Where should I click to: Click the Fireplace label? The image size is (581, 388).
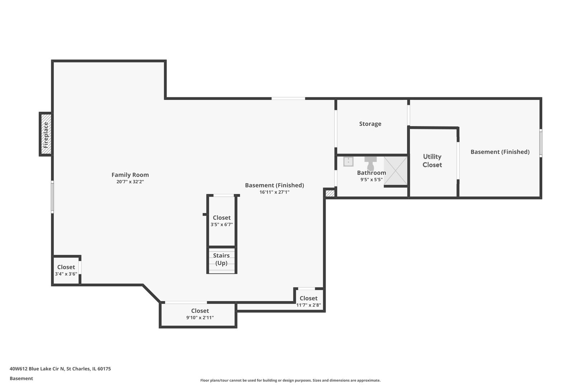tap(46, 135)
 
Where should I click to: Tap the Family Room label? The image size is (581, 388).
tap(130, 175)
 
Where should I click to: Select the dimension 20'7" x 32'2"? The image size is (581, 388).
tap(130, 182)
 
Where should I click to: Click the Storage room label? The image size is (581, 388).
tap(370, 124)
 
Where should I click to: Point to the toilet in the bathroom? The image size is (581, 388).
tap(370, 163)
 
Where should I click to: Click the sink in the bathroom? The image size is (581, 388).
tap(348, 161)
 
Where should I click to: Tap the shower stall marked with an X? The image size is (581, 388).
tap(396, 170)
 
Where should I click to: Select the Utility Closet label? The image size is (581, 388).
tap(432, 161)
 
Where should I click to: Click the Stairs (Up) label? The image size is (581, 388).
tap(221, 259)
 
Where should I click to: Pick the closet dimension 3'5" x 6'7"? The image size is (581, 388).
tap(222, 225)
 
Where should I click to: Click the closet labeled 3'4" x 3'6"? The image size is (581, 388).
tap(66, 271)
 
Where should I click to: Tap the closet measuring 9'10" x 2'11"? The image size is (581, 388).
tap(200, 314)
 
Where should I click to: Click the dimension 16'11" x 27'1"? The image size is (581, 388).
tap(274, 192)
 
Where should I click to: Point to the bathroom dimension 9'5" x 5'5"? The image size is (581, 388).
tap(372, 180)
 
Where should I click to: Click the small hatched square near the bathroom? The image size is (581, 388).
tap(330, 193)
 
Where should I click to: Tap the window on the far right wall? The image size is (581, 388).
tap(540, 143)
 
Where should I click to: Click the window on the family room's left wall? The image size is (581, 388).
tap(52, 197)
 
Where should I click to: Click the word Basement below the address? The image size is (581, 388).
tap(21, 378)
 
